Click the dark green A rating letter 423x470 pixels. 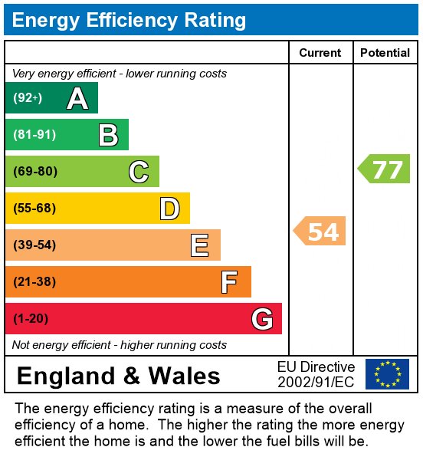(x=77, y=98)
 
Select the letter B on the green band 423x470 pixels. (x=108, y=135)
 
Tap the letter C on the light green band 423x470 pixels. (x=138, y=172)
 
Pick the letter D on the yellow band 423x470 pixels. (x=169, y=209)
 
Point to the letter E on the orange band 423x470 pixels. (x=199, y=245)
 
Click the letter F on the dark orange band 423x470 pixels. (x=229, y=282)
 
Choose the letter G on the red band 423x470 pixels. (x=262, y=319)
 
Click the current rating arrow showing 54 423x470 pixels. (x=320, y=231)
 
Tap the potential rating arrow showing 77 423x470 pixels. (x=385, y=169)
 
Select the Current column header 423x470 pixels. (x=320, y=53)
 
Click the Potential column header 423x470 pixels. (x=385, y=53)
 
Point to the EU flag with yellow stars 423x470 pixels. (x=387, y=374)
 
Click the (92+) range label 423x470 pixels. (x=28, y=98)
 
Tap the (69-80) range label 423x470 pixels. (x=35, y=172)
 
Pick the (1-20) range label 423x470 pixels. (x=31, y=319)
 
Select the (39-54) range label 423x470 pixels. (x=35, y=245)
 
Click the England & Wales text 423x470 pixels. (x=118, y=376)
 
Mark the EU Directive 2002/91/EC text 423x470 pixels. (x=316, y=374)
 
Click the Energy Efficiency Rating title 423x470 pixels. (x=129, y=20)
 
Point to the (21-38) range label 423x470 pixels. (x=35, y=282)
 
